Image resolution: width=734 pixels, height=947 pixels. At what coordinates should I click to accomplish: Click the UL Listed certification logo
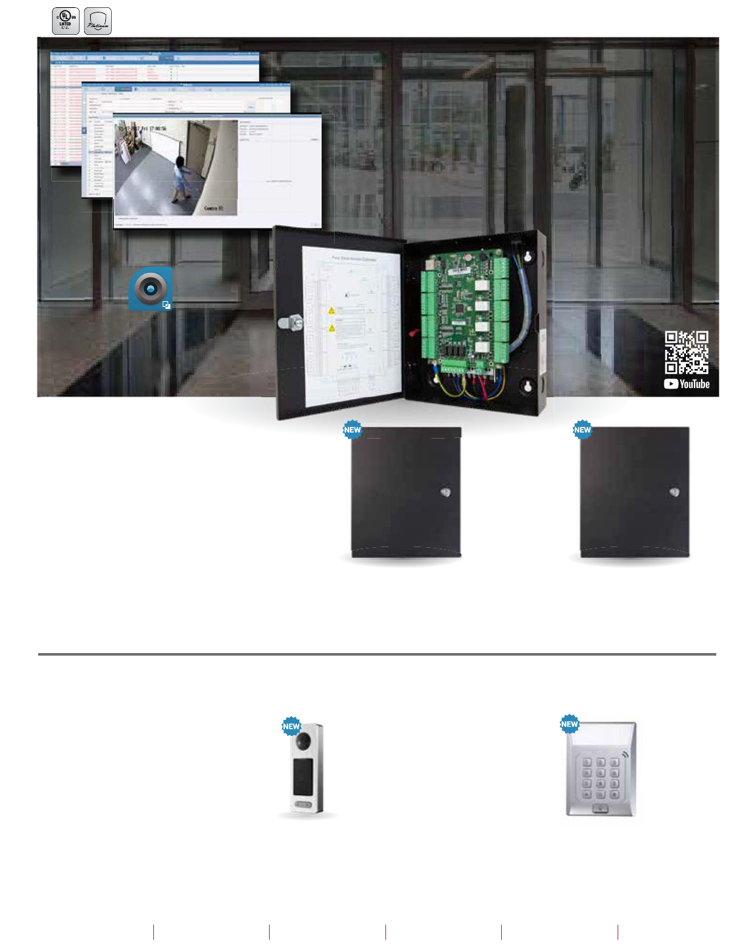point(65,21)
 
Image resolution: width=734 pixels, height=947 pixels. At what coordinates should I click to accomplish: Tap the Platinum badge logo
point(98,21)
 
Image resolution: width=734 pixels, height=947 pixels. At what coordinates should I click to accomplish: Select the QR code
point(686,352)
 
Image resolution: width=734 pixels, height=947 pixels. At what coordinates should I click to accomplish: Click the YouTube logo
point(687,384)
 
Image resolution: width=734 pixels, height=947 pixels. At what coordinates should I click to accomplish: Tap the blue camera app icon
point(151,288)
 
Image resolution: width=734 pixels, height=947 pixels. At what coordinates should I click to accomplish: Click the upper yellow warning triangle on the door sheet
point(331,310)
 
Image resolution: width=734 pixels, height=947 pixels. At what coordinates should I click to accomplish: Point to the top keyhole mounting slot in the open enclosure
point(527,257)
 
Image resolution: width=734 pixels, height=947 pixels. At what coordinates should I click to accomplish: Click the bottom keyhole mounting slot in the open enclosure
point(527,387)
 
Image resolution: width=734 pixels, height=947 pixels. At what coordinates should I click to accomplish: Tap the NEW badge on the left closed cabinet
point(353,430)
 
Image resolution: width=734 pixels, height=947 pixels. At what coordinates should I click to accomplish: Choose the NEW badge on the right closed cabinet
point(582,430)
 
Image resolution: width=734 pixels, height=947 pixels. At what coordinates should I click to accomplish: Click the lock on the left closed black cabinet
point(445,493)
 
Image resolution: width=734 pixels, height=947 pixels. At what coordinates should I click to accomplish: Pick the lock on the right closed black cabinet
point(674,493)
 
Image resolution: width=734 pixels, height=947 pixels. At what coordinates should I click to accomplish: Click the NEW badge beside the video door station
point(291,727)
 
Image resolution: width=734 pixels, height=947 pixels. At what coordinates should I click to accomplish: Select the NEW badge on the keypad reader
point(570,724)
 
